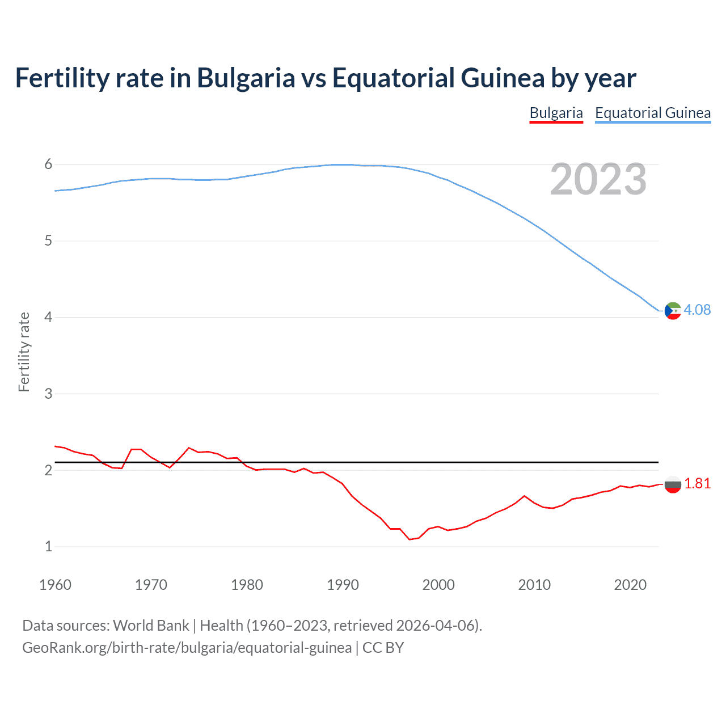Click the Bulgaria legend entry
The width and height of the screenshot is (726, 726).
tap(556, 113)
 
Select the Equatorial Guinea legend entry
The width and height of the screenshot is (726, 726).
tap(652, 113)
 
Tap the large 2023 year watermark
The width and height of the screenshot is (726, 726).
tap(598, 179)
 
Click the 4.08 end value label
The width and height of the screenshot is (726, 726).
tap(697, 310)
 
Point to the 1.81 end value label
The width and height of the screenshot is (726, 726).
tap(697, 483)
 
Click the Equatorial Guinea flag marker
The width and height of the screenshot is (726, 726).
tap(673, 311)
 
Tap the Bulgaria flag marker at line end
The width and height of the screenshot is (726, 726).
tap(673, 484)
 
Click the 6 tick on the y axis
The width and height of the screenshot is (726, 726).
tap(48, 164)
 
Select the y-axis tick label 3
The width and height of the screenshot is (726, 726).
tap(48, 394)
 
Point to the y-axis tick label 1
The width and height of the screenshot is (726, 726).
tap(48, 547)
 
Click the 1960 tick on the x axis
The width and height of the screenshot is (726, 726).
tap(55, 585)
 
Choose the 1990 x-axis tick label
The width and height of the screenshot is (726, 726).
tap(343, 585)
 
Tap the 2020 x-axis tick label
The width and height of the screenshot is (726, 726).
tap(630, 585)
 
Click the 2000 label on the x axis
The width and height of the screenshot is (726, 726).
tap(438, 585)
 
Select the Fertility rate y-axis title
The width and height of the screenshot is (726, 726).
tap(24, 352)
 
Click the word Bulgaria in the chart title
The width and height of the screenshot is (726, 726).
tap(246, 78)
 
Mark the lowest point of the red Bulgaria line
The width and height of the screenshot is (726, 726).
tap(410, 539)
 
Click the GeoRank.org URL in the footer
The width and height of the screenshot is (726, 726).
tap(187, 648)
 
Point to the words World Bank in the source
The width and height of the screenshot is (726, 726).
tap(151, 626)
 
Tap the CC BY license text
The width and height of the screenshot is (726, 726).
tap(383, 648)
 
